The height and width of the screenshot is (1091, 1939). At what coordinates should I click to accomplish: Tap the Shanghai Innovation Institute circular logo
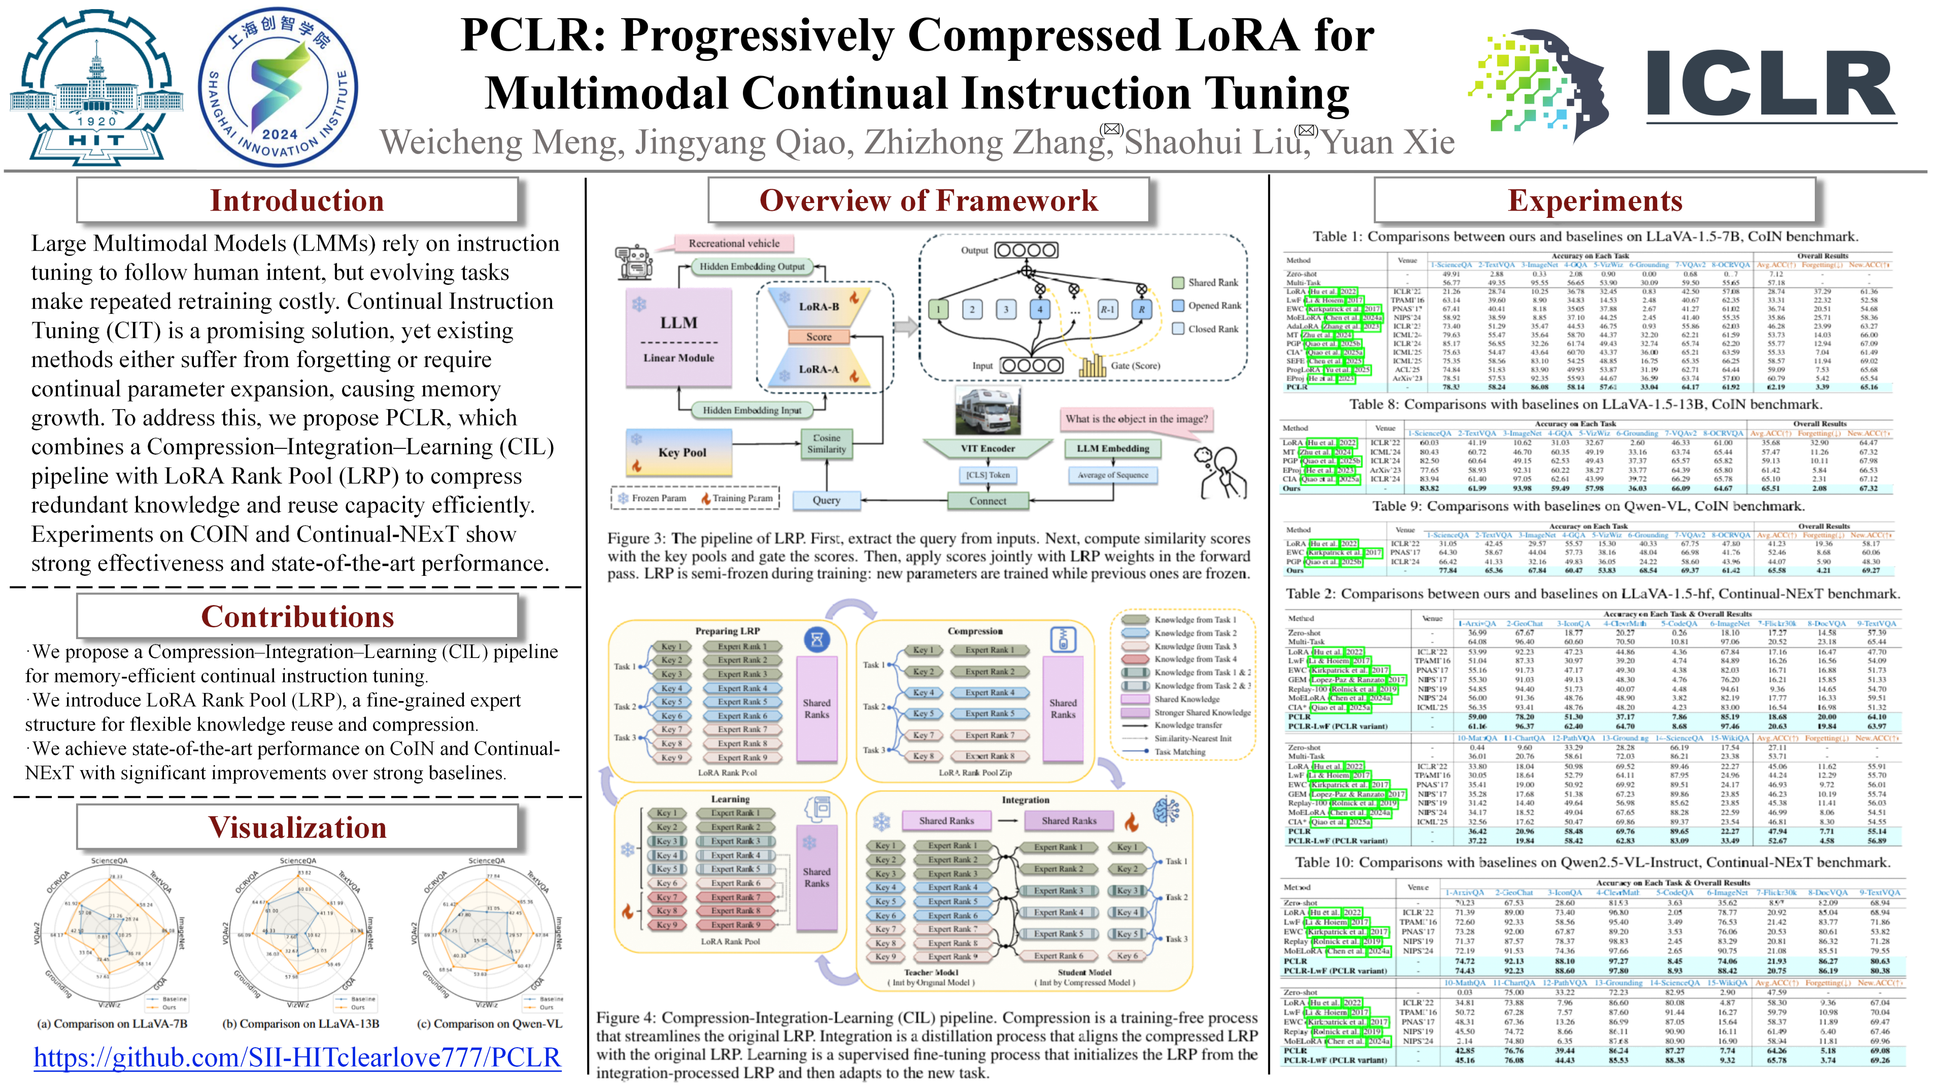coord(278,87)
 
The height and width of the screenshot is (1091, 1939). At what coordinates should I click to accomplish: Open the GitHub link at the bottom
coord(297,1058)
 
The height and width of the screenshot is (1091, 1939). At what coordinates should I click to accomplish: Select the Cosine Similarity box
coord(826,444)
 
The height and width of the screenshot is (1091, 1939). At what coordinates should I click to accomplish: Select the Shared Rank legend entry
coord(1204,282)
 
